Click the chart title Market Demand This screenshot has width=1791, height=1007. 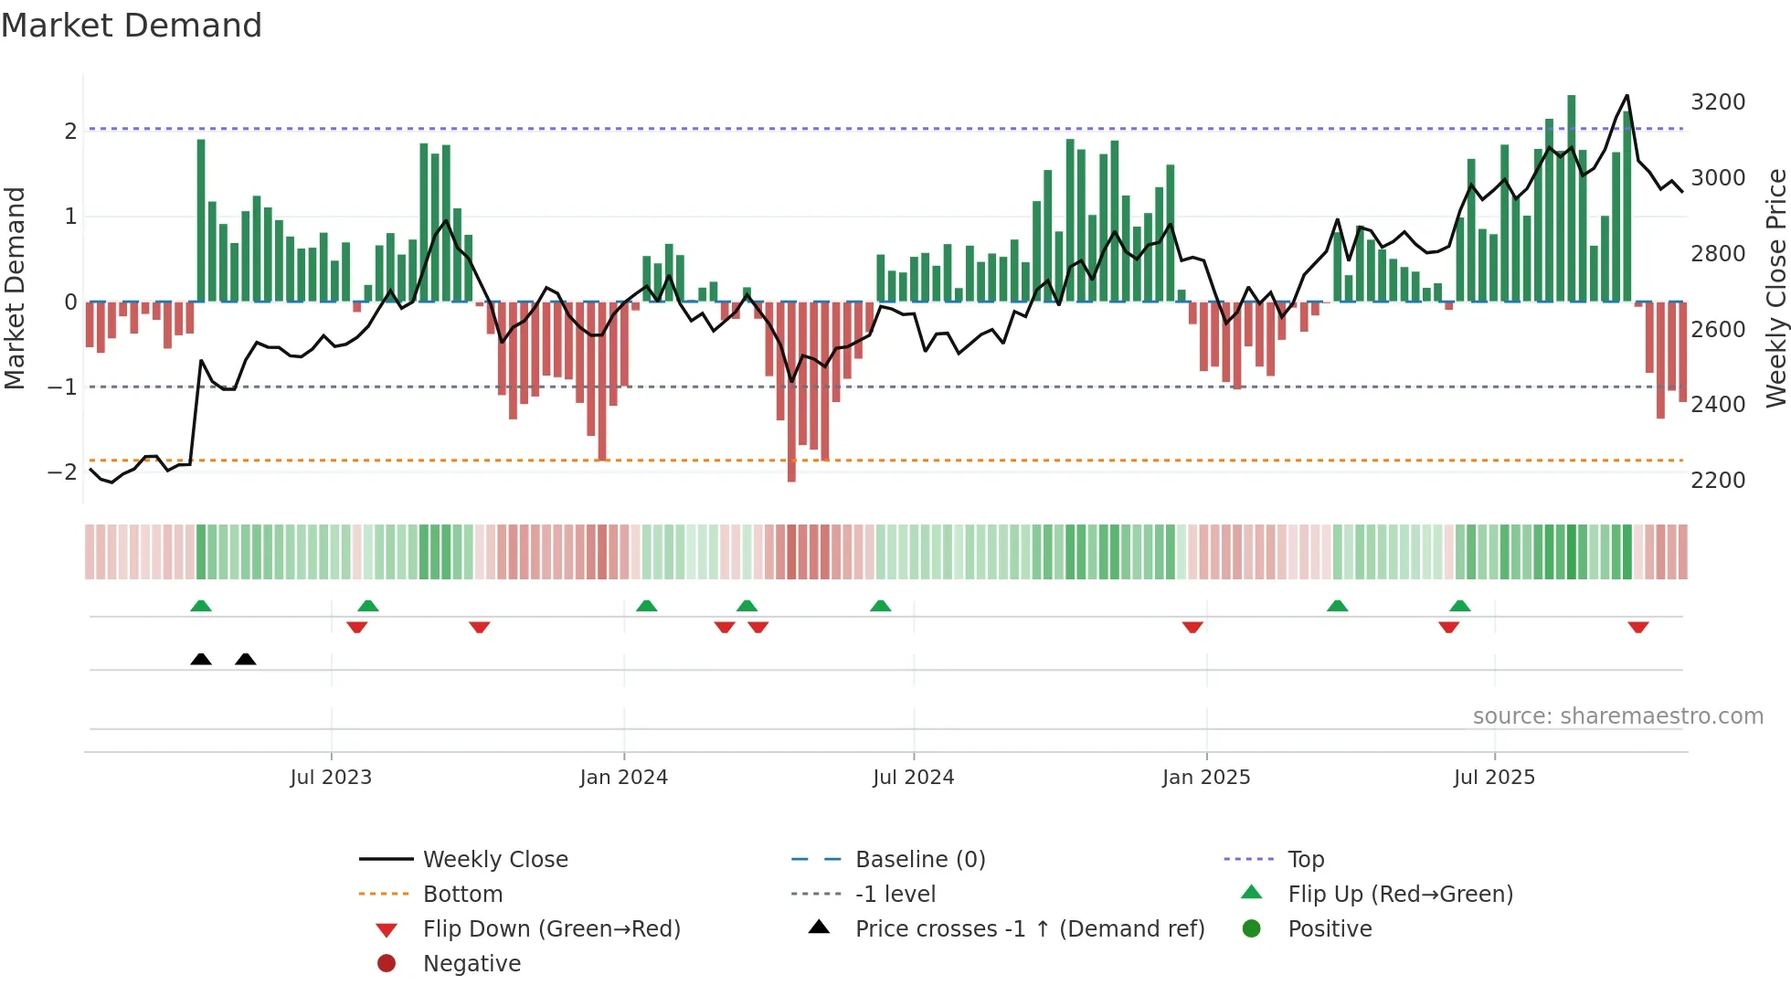[132, 26]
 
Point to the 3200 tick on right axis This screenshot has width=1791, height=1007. [1717, 102]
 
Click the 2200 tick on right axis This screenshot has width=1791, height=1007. [1717, 481]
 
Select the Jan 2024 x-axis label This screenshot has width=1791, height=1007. [623, 778]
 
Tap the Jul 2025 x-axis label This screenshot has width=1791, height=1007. [1494, 778]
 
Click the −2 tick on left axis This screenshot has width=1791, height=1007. [62, 472]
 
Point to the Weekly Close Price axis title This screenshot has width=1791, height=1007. [1775, 288]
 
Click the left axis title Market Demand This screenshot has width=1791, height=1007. [15, 288]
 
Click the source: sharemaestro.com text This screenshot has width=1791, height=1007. [1617, 716]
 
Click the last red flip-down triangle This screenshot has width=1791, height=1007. [1637, 627]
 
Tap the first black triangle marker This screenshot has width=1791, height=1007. [201, 659]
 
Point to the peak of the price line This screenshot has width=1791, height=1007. [1627, 96]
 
